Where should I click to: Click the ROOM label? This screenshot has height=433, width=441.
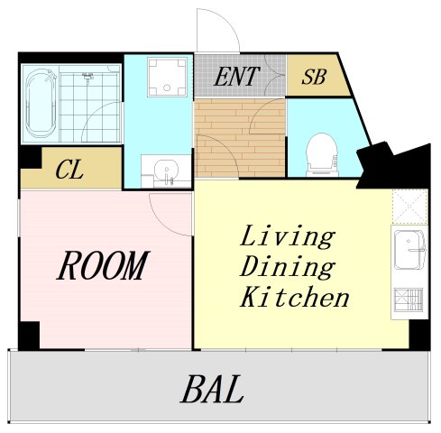[103, 265]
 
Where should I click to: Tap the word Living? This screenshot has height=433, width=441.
[288, 236]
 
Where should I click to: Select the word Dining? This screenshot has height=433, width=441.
[288, 267]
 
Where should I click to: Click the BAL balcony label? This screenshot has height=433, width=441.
[212, 389]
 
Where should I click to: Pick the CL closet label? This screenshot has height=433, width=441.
[69, 170]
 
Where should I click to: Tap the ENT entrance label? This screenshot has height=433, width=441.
[236, 77]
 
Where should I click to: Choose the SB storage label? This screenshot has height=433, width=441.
[314, 77]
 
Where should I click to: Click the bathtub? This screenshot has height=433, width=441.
[41, 103]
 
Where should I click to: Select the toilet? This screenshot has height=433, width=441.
[322, 155]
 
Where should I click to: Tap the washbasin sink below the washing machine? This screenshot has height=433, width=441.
[166, 171]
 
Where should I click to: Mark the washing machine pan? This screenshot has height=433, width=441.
[167, 77]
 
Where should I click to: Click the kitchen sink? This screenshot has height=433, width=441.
[409, 250]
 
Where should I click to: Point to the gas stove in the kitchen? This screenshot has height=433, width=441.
[409, 300]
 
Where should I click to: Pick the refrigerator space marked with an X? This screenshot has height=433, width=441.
[409, 207]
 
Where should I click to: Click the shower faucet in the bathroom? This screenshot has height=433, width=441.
[87, 76]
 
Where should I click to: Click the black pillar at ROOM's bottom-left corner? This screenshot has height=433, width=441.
[29, 336]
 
